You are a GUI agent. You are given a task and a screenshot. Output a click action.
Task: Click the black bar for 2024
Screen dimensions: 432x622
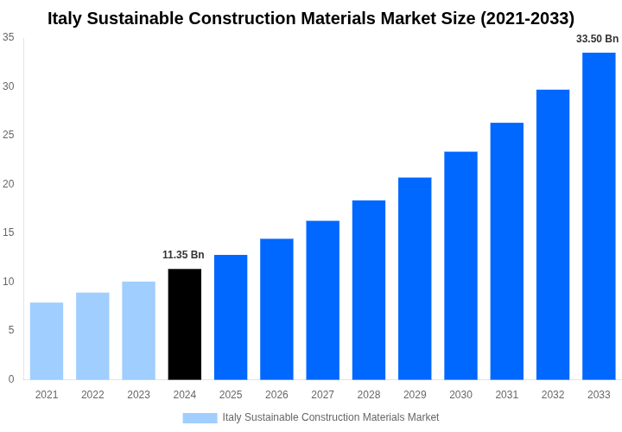pos(185,324)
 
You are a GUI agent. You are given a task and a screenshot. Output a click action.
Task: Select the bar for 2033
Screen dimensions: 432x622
pos(599,216)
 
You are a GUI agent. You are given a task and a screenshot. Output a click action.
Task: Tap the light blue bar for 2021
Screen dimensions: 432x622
pos(47,341)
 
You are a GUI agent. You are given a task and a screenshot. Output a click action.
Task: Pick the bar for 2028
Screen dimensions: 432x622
pos(369,289)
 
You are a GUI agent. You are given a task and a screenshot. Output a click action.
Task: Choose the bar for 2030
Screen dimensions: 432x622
pos(460,265)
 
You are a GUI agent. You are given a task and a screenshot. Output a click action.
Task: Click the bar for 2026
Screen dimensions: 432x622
pos(276,308)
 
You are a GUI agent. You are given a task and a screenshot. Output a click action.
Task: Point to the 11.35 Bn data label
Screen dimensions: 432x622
pos(183,255)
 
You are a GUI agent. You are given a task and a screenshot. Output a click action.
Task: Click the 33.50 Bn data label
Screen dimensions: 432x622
pos(597,39)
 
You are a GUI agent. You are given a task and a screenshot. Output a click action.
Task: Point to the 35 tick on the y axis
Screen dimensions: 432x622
pos(9,37)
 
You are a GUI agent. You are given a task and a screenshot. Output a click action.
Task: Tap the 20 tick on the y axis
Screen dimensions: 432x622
pos(9,184)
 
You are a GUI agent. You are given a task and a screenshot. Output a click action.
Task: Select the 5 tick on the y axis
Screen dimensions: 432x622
pos(11,330)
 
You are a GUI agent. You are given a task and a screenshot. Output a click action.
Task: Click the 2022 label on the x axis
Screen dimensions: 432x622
pos(92,395)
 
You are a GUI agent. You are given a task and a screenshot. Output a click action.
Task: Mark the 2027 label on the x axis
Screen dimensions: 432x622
pos(322,395)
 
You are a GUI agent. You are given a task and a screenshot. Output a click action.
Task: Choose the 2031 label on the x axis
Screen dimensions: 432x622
pos(506,395)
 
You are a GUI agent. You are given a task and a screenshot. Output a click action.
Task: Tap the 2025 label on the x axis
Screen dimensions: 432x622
pos(231,395)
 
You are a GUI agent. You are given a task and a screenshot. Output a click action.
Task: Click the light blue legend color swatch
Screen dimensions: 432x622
pos(200,418)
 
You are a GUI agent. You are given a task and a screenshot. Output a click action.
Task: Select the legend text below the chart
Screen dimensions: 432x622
pos(331,417)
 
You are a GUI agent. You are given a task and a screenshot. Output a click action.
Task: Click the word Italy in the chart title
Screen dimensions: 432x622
pos(67,18)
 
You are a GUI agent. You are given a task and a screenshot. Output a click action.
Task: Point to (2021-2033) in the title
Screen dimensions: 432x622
pos(527,18)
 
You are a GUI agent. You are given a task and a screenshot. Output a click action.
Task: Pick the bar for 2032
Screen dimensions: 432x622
pos(553,234)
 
